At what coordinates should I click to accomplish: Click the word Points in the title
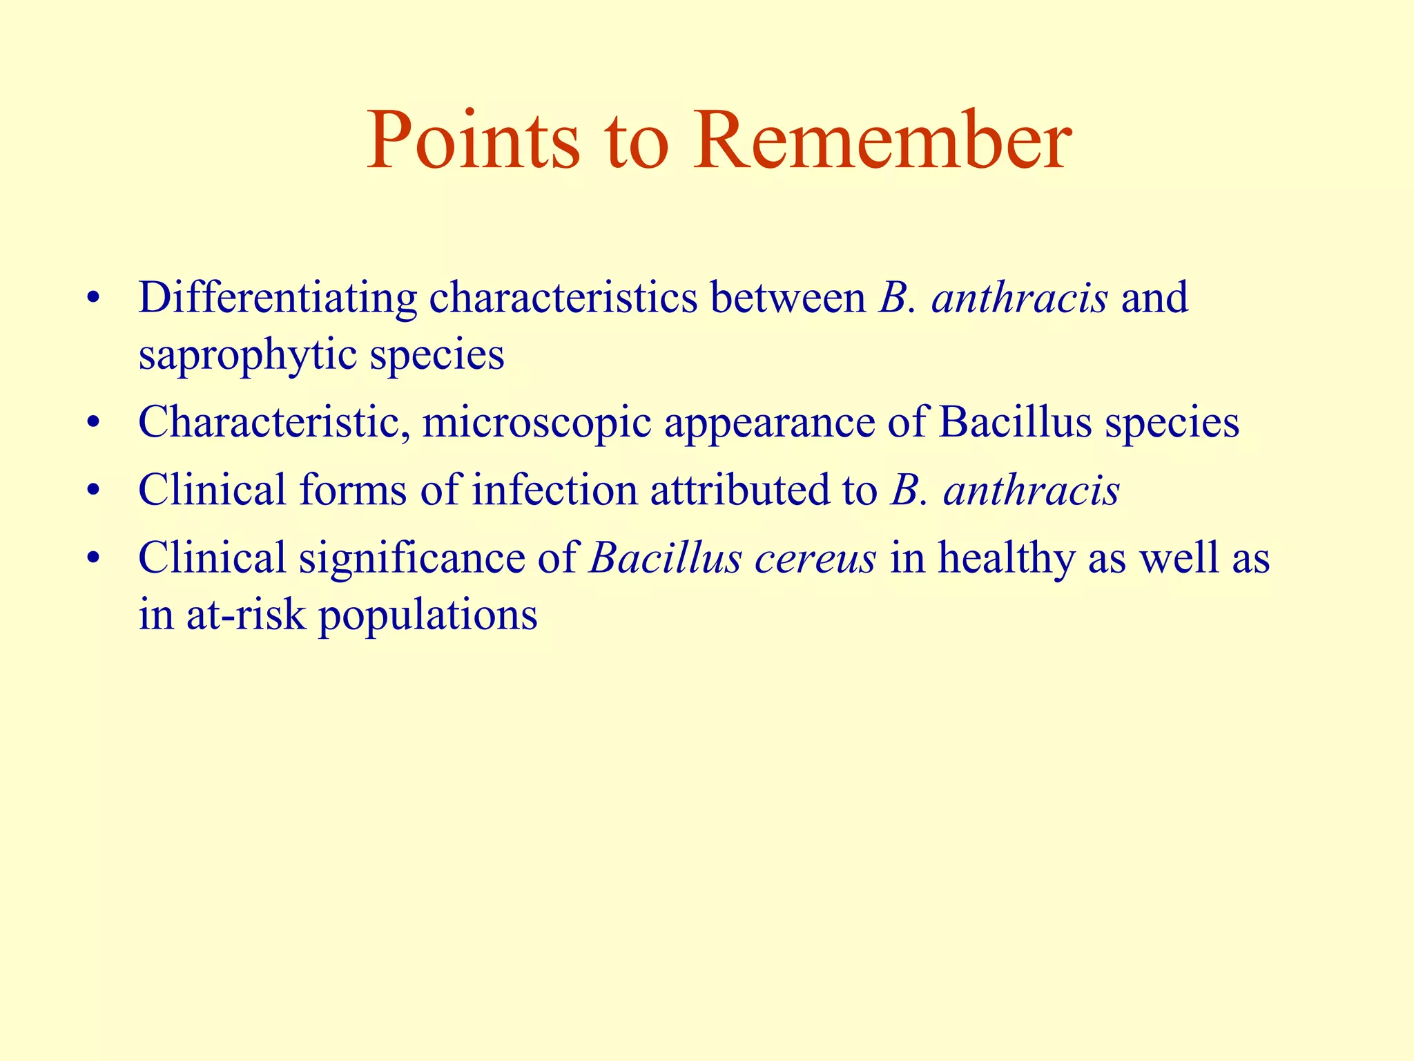[473, 142]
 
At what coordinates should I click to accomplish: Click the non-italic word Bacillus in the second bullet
[1014, 422]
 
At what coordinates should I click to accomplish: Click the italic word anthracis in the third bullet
[1032, 491]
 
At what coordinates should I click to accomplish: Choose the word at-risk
[245, 614]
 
